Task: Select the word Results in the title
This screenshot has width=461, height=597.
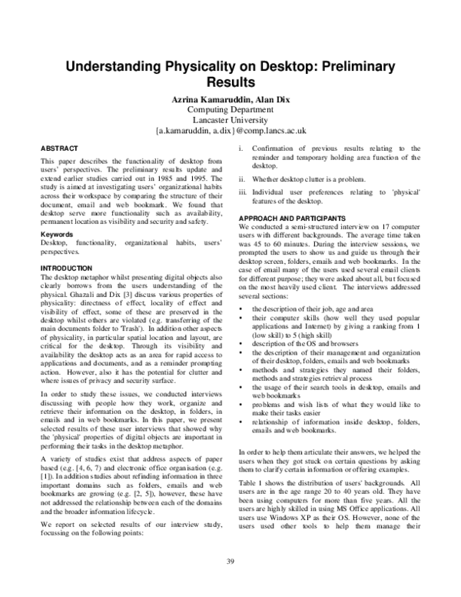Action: coord(230,82)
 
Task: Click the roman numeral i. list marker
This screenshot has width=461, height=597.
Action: coord(242,147)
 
